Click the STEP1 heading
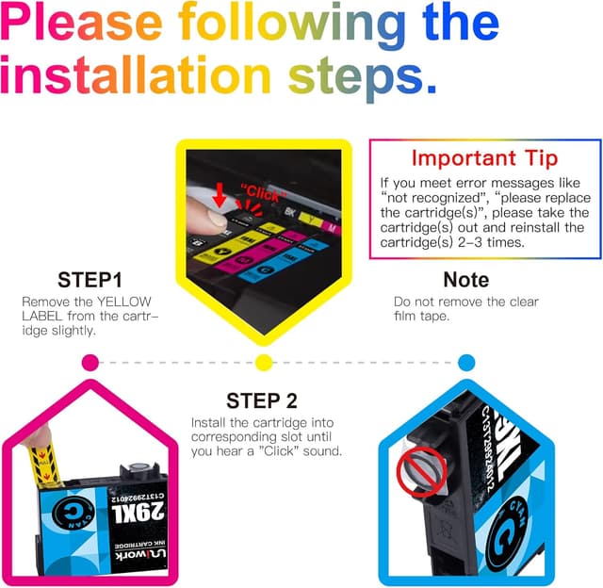pos(90,280)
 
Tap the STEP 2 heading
pos(262,400)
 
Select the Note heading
pos(466,280)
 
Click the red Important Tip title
pos(484,158)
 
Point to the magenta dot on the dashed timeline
pos(90,363)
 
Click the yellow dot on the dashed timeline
pos(264,363)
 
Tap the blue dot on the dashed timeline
pos(466,363)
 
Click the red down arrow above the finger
pos(220,195)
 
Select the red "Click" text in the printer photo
pos(264,193)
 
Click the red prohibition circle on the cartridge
pos(421,471)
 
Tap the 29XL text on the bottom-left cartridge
pos(138,513)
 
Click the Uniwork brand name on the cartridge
pos(140,554)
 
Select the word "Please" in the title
pos(81,23)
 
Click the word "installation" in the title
pos(136,74)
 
